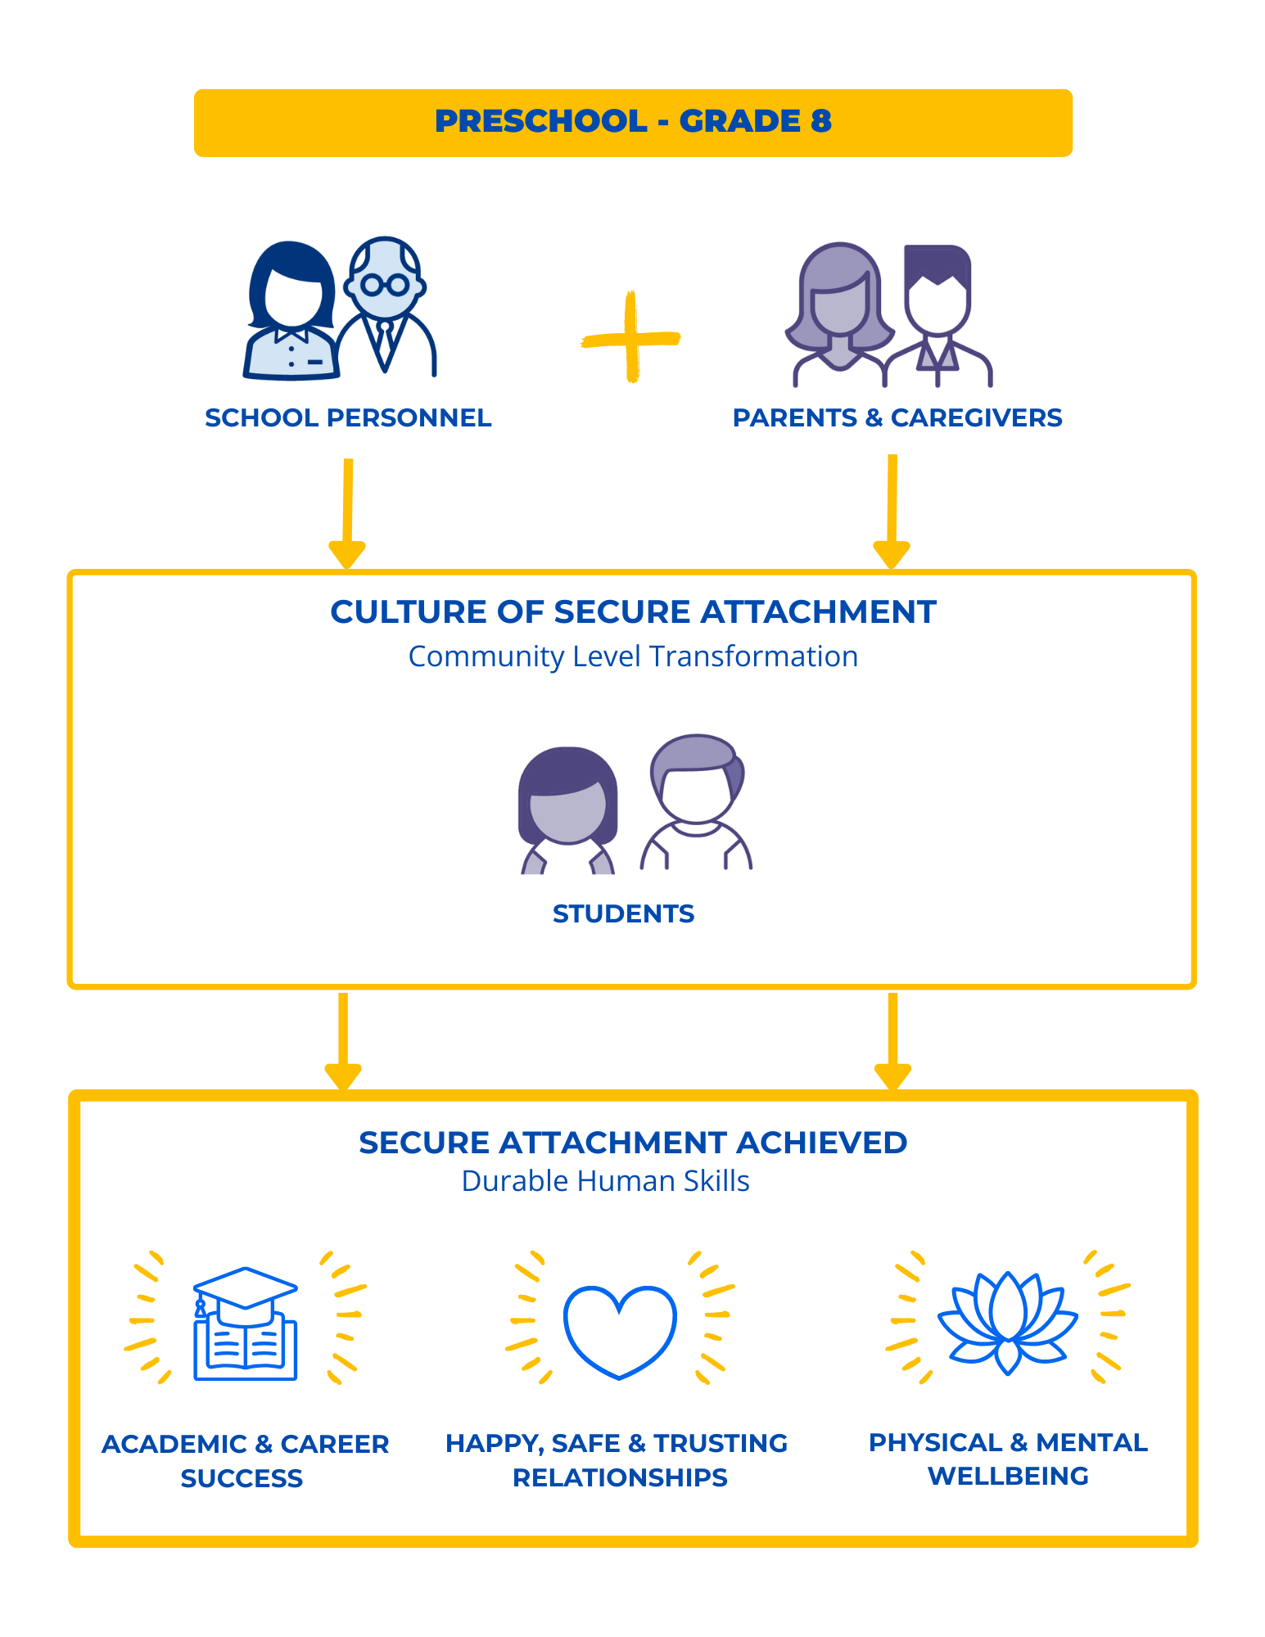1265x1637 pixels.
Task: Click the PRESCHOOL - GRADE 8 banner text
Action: pyautogui.click(x=633, y=121)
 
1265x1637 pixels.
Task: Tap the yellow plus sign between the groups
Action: pyautogui.click(x=630, y=336)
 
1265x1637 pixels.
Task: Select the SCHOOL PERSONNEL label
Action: pyautogui.click(x=348, y=417)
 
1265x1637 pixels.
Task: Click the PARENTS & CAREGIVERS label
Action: pyautogui.click(x=897, y=417)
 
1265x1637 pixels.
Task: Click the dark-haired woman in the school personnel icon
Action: pyautogui.click(x=291, y=311)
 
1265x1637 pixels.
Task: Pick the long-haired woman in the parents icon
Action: pyautogui.click(x=837, y=315)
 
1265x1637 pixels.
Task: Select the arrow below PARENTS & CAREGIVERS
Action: pyautogui.click(x=892, y=512)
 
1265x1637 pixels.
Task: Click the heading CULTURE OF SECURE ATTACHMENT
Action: pyautogui.click(x=633, y=612)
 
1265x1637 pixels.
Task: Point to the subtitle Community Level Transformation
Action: pyautogui.click(x=633, y=656)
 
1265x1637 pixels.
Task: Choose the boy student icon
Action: pyautogui.click(x=695, y=802)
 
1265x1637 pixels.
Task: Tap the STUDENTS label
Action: pyautogui.click(x=623, y=913)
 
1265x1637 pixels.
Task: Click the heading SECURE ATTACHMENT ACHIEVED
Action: pyautogui.click(x=633, y=1143)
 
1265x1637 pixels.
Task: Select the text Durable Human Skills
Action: pyautogui.click(x=605, y=1181)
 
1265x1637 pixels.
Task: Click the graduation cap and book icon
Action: pyautogui.click(x=245, y=1324)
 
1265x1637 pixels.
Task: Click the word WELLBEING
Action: pyautogui.click(x=1008, y=1476)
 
